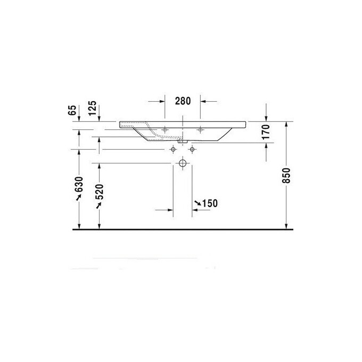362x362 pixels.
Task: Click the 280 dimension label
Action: tap(182, 101)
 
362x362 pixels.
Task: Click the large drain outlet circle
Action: tap(182, 163)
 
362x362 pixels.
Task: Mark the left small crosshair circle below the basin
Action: tap(172, 150)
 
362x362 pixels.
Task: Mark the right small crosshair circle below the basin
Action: tap(192, 150)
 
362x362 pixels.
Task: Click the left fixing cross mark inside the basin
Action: tap(164, 129)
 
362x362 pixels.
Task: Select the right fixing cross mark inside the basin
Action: tap(201, 129)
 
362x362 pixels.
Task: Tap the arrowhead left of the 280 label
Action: tap(160, 101)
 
